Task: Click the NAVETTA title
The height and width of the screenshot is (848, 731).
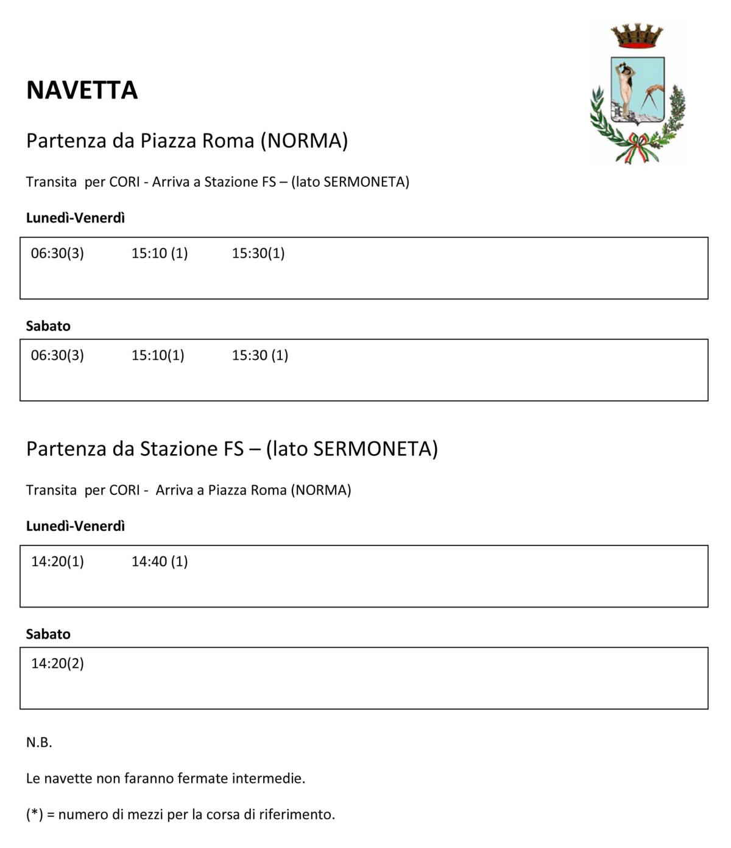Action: (82, 90)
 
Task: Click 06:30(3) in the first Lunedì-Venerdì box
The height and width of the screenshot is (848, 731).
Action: (57, 253)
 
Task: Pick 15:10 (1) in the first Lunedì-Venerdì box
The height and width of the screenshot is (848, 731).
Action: (160, 253)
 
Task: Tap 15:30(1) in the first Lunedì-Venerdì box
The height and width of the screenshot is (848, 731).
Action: (258, 253)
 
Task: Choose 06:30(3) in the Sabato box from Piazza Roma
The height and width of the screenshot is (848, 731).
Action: (57, 355)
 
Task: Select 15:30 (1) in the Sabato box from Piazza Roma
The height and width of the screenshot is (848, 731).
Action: (260, 355)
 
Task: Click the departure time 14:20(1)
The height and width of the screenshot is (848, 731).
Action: (57, 561)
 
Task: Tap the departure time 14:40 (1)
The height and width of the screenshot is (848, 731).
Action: (160, 561)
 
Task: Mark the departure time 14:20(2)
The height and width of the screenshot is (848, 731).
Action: (57, 663)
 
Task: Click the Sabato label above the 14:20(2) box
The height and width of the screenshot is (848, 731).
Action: (48, 634)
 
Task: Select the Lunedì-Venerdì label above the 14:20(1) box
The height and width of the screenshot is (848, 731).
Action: (75, 526)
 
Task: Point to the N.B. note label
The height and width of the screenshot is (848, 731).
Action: (39, 742)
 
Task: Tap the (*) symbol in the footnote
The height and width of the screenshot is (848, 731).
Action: (34, 814)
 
